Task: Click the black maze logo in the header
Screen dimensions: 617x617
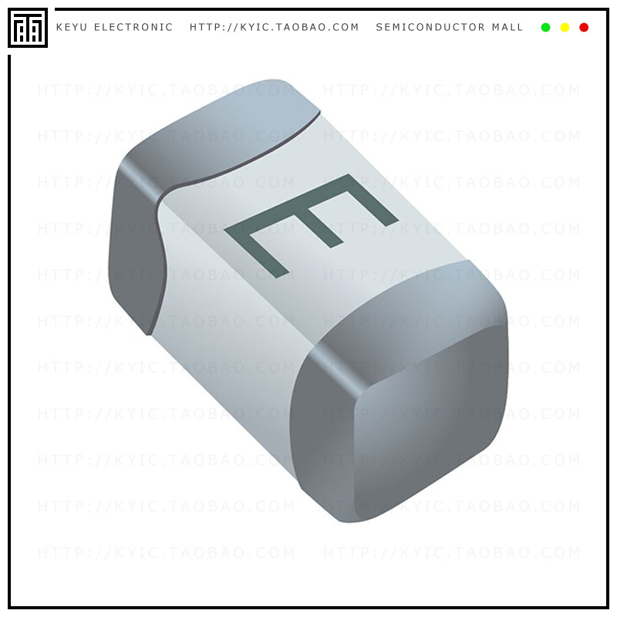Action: [28, 28]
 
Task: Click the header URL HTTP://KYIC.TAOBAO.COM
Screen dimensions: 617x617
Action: [275, 28]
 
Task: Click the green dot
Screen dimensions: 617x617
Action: [546, 28]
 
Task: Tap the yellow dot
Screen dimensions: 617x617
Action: [565, 28]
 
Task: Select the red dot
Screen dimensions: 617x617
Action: [584, 28]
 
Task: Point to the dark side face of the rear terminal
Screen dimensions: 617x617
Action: [135, 247]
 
